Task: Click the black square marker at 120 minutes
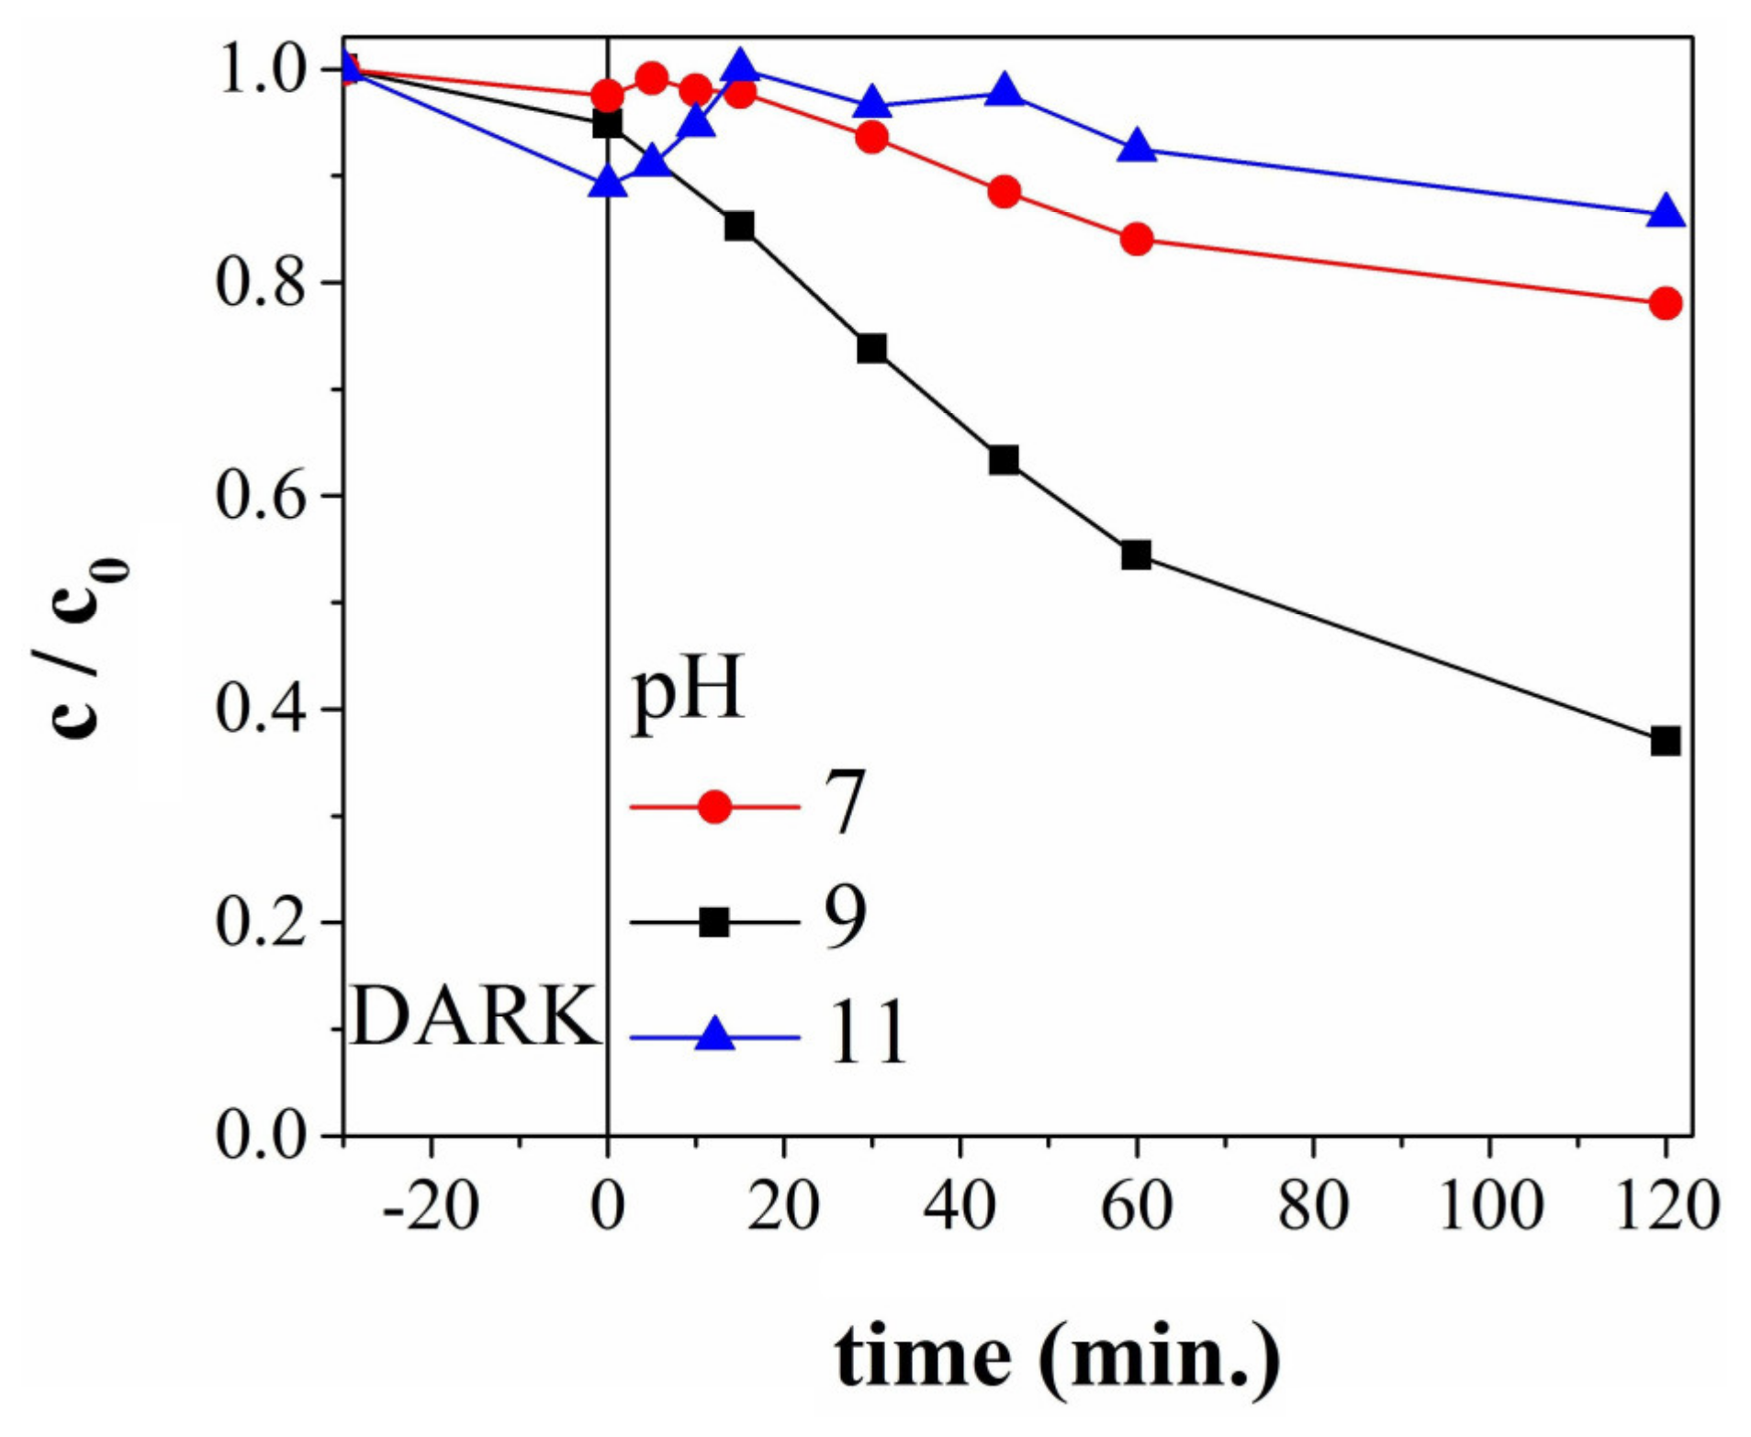[x=1665, y=741]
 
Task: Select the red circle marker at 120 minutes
[x=1665, y=303]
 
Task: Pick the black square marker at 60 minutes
[x=1136, y=555]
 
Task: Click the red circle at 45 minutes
[x=1005, y=192]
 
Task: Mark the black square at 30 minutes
[x=871, y=349]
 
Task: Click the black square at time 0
[x=607, y=123]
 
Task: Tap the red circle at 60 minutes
[x=1136, y=240]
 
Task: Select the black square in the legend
[x=713, y=922]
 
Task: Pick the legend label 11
[x=867, y=1034]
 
